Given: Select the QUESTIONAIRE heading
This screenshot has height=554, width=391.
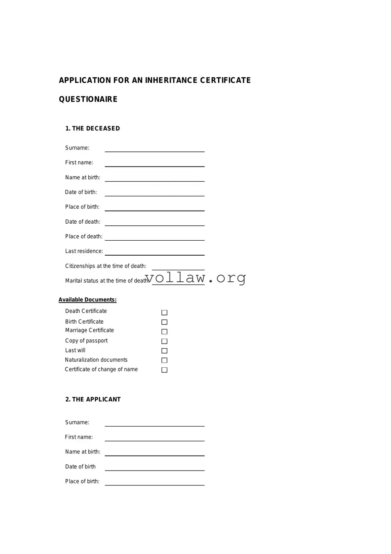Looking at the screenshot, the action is (x=88, y=99).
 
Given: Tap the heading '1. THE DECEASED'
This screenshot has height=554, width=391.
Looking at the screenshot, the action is (x=92, y=129).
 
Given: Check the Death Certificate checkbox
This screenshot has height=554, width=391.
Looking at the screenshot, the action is (x=164, y=312).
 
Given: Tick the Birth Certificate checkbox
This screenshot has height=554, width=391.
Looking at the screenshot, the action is (x=164, y=322).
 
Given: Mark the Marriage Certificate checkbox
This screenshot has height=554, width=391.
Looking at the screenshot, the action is (x=164, y=332).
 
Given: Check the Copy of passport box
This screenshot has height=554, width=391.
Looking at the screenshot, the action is (x=164, y=341).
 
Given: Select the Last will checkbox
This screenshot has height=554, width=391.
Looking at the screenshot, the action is (x=164, y=351).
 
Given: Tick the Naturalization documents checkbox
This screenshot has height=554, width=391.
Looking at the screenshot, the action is (x=164, y=360).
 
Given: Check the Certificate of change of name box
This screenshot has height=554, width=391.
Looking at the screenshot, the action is (x=164, y=370).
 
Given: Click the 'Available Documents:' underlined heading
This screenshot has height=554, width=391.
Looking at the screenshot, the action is (x=87, y=300).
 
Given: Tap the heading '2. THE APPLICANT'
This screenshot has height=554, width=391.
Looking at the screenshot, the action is (x=93, y=399).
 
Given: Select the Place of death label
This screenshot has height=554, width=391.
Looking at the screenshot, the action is (x=84, y=237).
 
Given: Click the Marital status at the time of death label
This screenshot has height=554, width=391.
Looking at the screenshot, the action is (x=107, y=281).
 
